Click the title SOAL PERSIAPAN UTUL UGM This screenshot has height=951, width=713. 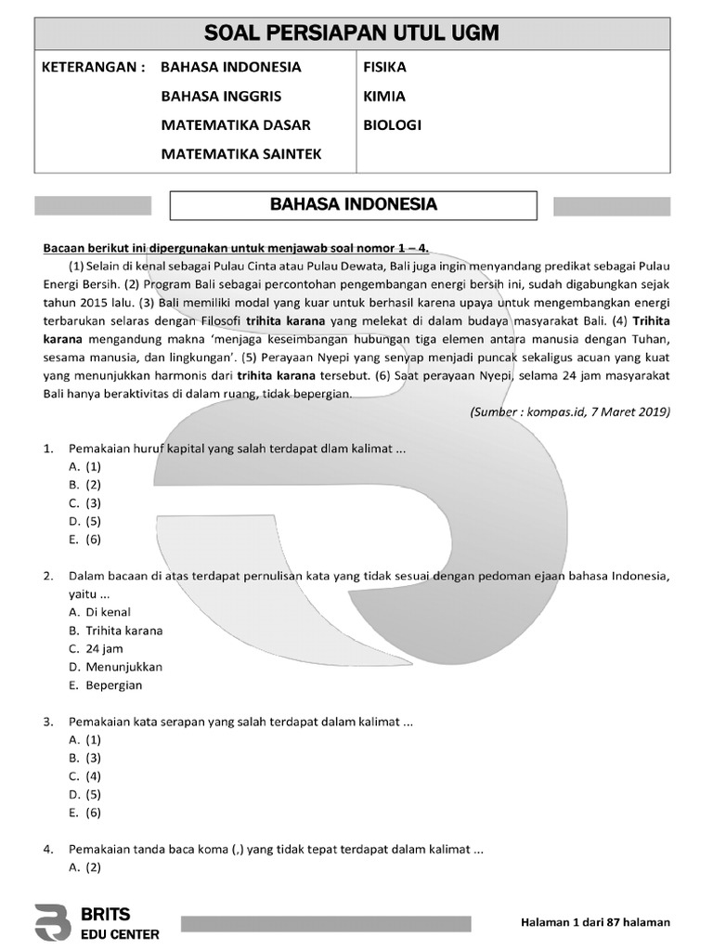[x=352, y=34]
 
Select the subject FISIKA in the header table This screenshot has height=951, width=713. [x=385, y=67]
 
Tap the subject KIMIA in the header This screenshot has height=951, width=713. [x=385, y=96]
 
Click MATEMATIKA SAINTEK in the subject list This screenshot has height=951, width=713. [x=240, y=154]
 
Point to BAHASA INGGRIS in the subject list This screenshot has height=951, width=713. [x=221, y=96]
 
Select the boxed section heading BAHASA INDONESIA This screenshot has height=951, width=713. [x=353, y=204]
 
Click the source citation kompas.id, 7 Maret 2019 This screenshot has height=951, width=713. [x=569, y=411]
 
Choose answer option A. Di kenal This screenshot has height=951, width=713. [x=99, y=612]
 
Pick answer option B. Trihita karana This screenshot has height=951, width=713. [x=115, y=631]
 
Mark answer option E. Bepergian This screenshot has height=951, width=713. [x=105, y=685]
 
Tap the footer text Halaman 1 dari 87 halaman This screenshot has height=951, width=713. [x=595, y=922]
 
